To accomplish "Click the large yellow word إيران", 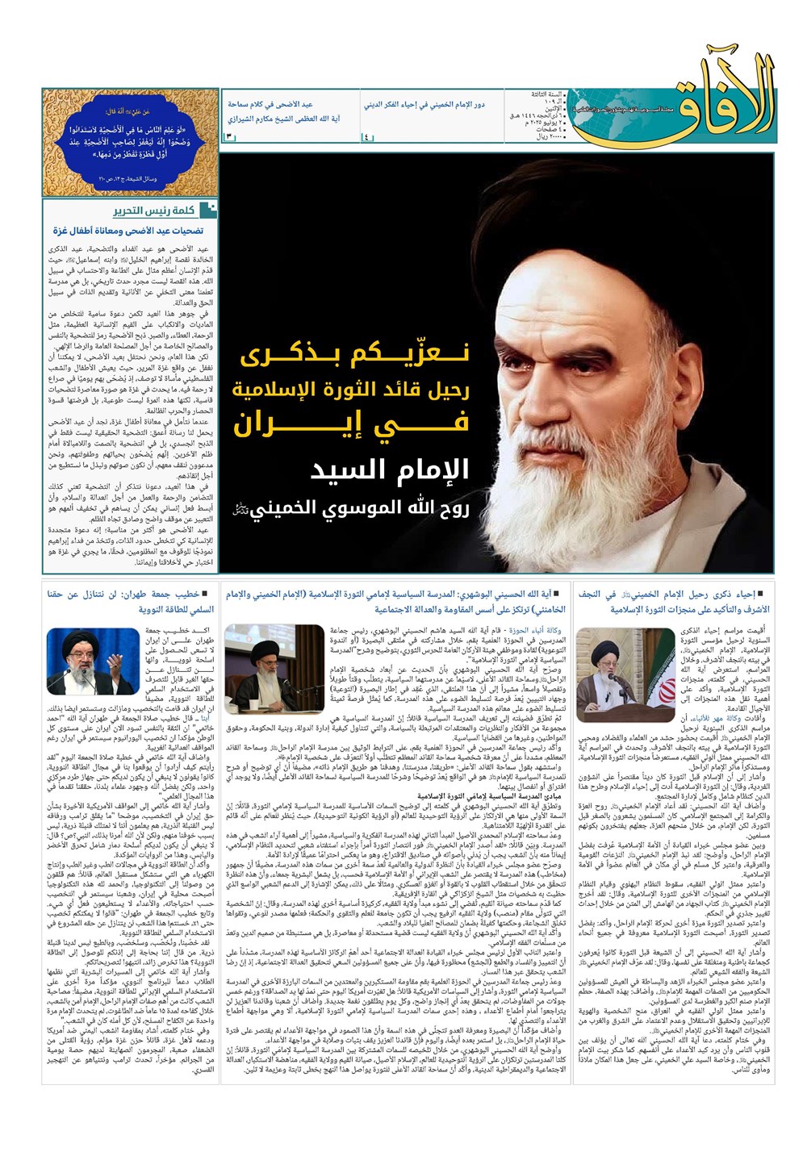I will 350,423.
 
